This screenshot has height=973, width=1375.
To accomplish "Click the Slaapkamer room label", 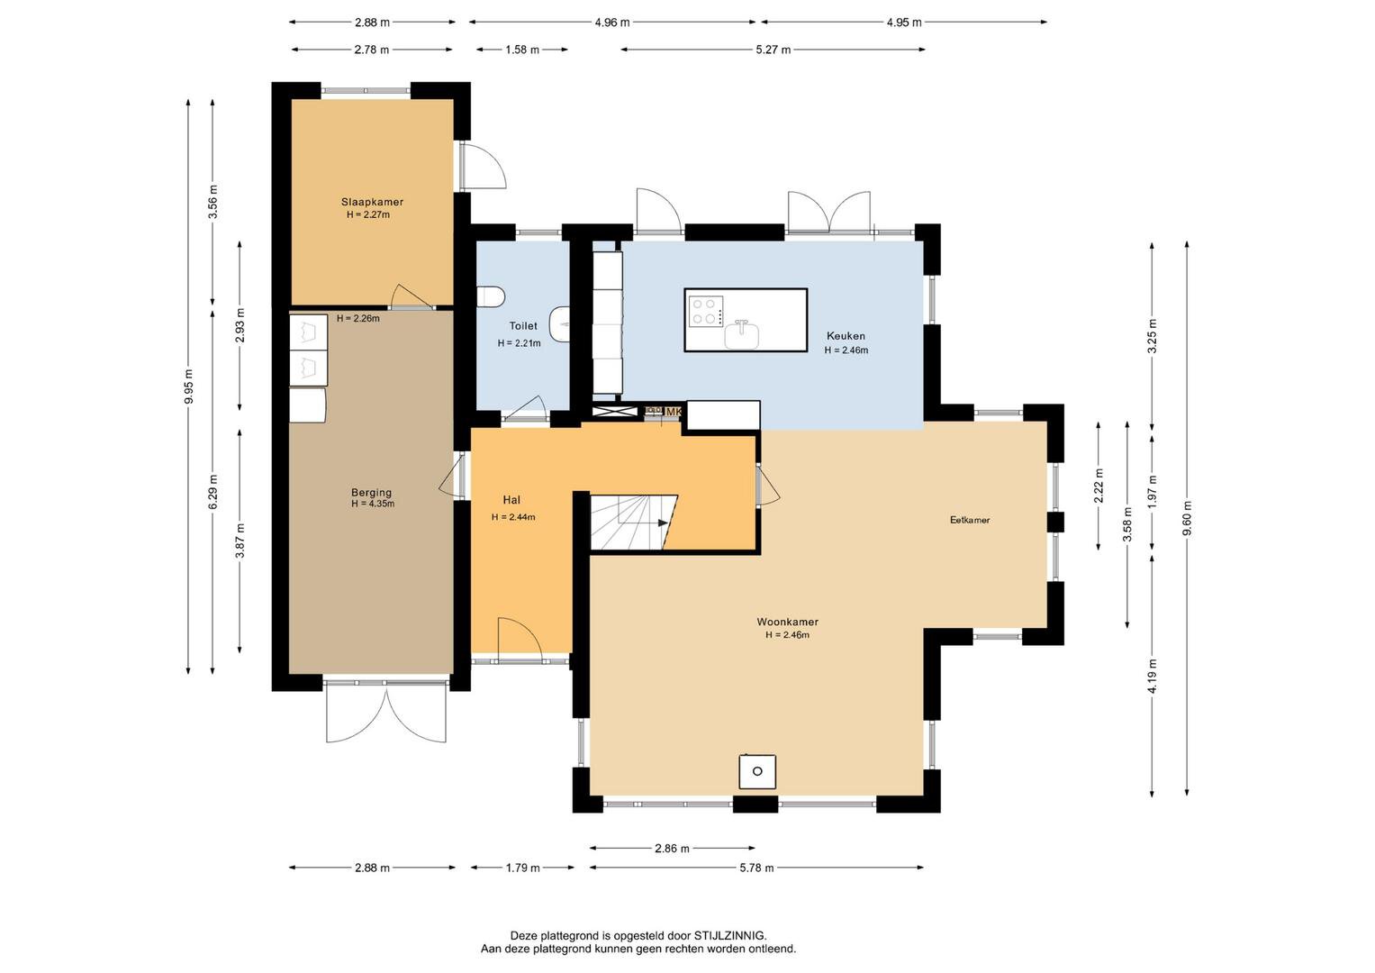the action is [372, 202].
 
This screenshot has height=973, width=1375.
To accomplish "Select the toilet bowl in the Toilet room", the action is [491, 296].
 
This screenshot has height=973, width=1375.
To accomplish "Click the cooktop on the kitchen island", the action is [706, 311].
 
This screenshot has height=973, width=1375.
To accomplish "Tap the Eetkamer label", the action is [970, 520].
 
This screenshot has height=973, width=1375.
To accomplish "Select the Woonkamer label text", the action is [788, 622].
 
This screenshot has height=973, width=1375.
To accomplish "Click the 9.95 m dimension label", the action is [189, 386].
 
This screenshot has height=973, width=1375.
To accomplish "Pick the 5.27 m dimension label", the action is [773, 50].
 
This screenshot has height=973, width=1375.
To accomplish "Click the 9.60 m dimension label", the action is [1187, 518].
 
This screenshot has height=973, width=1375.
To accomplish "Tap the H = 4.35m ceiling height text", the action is [373, 504].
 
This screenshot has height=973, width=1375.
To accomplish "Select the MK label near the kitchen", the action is [674, 411].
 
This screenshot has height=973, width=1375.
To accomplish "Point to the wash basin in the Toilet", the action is [560, 323].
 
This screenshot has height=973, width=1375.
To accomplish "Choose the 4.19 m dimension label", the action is [1153, 677].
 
